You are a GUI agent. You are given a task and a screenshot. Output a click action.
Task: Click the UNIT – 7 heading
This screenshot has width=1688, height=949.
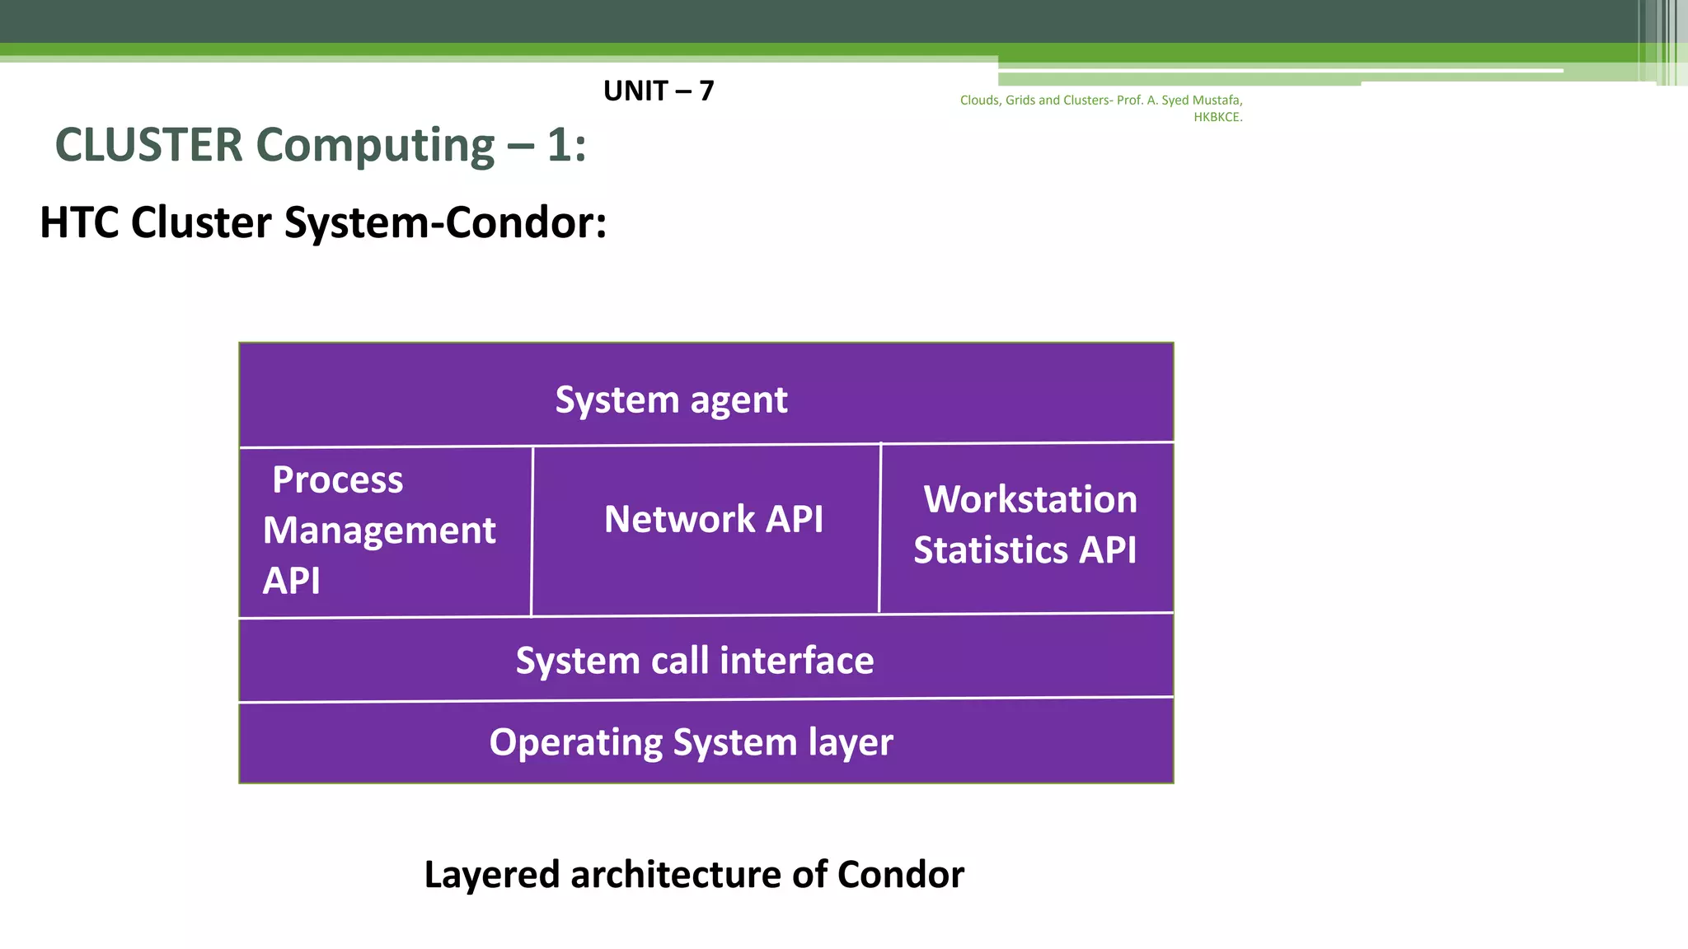coord(658,91)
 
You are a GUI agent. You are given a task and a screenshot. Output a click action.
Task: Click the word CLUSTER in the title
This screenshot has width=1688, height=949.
coord(149,146)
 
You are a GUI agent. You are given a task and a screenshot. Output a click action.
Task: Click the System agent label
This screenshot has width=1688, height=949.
coord(671,400)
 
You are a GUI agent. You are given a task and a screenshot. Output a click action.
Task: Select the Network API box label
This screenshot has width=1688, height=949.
coord(713,519)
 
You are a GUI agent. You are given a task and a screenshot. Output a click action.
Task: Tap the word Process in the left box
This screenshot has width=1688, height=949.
coord(337,479)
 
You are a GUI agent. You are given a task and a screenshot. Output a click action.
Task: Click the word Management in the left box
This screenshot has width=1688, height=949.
coord(379,530)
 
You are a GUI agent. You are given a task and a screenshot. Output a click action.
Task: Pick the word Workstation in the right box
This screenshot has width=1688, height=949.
coord(1030,499)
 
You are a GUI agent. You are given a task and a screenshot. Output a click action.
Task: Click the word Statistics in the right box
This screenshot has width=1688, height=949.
coord(990,549)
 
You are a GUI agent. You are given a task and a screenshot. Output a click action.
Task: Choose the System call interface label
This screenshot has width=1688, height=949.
coord(694,661)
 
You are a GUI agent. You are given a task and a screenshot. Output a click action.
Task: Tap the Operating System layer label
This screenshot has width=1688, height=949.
coord(691,742)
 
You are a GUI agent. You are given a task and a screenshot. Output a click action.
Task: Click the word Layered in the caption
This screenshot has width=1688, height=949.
coord(492,875)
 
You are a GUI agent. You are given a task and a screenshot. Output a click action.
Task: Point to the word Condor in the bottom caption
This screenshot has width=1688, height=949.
coord(900,875)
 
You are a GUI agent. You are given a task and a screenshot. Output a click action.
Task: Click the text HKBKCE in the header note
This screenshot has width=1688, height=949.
coord(1217,117)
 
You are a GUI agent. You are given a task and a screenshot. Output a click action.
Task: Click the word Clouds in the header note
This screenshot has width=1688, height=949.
coord(979,101)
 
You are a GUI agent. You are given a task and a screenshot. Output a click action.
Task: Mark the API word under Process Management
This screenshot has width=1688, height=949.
coord(291,581)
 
